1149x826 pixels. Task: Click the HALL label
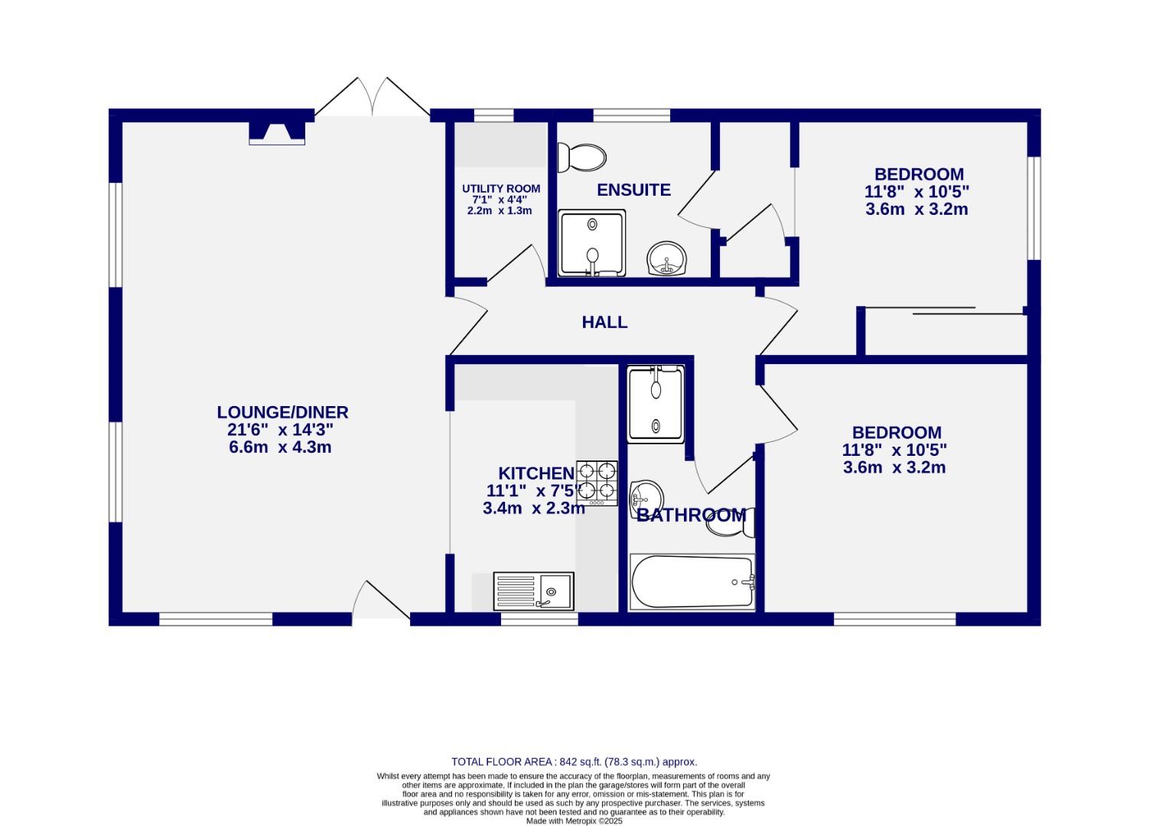click(604, 322)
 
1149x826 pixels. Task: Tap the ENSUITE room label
click(633, 190)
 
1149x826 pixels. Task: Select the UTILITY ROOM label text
click(501, 189)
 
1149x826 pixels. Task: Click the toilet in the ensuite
click(581, 158)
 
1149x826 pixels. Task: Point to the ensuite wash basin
click(667, 259)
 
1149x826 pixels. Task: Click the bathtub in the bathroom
click(692, 581)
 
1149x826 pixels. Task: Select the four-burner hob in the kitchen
click(597, 483)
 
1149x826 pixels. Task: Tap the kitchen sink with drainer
click(533, 591)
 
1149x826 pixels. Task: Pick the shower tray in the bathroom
click(656, 404)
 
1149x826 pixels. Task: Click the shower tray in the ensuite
click(592, 242)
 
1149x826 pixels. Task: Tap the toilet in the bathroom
click(731, 522)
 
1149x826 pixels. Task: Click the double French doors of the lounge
click(373, 96)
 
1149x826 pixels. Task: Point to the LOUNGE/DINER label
click(282, 412)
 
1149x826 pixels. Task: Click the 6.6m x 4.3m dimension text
click(280, 447)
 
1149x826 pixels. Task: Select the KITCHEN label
click(536, 473)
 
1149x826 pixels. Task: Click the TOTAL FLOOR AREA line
click(574, 762)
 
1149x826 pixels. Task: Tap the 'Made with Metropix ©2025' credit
click(574, 821)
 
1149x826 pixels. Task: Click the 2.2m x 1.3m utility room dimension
click(500, 211)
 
